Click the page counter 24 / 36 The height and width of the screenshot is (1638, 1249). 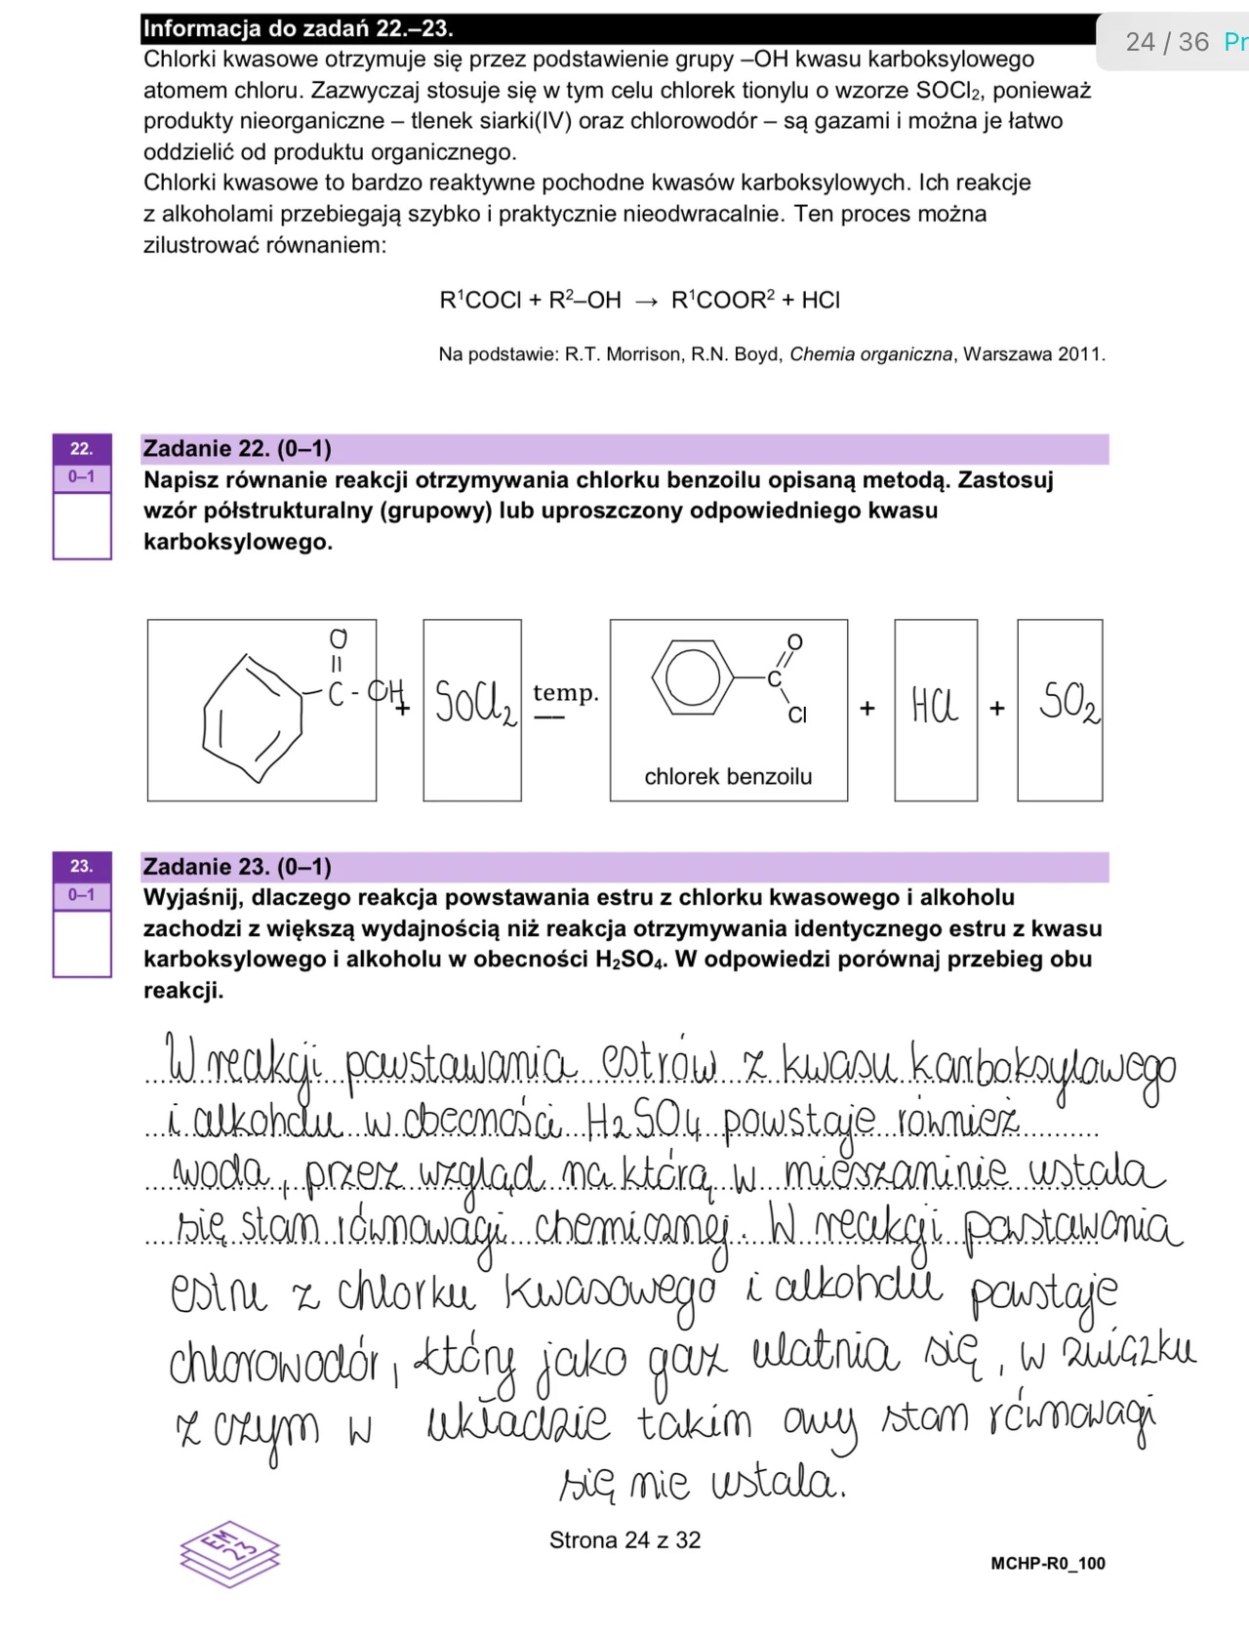pos(1166,42)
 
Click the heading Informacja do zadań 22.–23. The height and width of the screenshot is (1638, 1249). pos(298,29)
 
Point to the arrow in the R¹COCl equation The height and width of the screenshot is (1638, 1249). pos(646,302)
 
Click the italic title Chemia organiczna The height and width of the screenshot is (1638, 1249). pos(870,354)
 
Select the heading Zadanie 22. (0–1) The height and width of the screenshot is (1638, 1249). pos(237,449)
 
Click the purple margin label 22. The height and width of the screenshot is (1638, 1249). pos(82,449)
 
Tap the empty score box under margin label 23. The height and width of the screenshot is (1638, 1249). pos(82,942)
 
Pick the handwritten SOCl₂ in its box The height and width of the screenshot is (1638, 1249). pos(473,703)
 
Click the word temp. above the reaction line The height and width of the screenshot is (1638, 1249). pos(565,693)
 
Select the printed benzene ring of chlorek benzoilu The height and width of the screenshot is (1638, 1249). pos(693,676)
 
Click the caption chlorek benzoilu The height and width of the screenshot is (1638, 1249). pos(728,777)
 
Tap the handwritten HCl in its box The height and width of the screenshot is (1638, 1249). pos(935,705)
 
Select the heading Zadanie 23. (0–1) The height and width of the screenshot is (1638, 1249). pos(237,867)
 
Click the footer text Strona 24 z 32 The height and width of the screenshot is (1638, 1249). pos(624,1540)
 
